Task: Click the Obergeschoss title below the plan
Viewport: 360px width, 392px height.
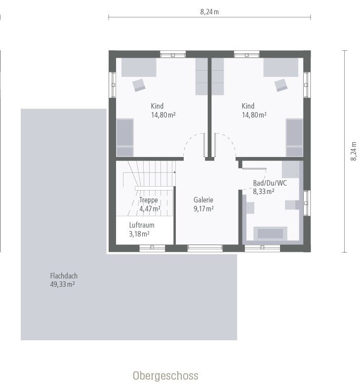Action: pyautogui.click(x=165, y=376)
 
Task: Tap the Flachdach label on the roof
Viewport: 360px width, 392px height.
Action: pyautogui.click(x=64, y=276)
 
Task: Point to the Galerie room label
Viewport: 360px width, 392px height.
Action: pyautogui.click(x=203, y=200)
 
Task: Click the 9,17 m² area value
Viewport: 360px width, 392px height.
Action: pyautogui.click(x=203, y=209)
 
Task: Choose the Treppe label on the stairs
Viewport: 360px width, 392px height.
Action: pyautogui.click(x=149, y=200)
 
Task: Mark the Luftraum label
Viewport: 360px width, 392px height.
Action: pyautogui.click(x=142, y=225)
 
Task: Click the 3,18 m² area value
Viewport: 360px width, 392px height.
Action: pyautogui.click(x=139, y=234)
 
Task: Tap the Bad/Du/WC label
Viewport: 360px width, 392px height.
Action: pyautogui.click(x=270, y=183)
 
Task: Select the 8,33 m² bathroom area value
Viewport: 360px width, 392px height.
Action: pyautogui.click(x=264, y=192)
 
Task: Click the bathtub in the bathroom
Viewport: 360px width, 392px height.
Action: pyautogui.click(x=270, y=233)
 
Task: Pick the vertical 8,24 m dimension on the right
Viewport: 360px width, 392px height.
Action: pyautogui.click(x=354, y=151)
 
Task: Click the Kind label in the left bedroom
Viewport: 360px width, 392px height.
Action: pyautogui.click(x=157, y=106)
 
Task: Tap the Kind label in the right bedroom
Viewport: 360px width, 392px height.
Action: pyautogui.click(x=248, y=106)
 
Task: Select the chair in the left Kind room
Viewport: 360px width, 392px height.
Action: pyautogui.click(x=139, y=85)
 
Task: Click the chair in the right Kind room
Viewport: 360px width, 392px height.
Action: pyautogui.click(x=281, y=85)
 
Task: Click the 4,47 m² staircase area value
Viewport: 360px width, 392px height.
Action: pyautogui.click(x=150, y=209)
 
